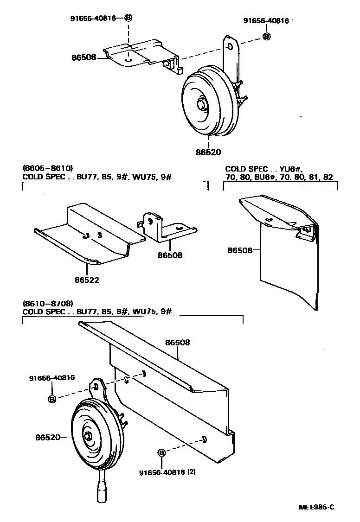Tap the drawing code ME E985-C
pyautogui.click(x=316, y=507)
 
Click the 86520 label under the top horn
pyautogui.click(x=209, y=152)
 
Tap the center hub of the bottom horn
pyautogui.click(x=88, y=436)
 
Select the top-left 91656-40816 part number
pyautogui.click(x=93, y=18)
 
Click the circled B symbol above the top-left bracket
pyautogui.click(x=128, y=18)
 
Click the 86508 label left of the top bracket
pyautogui.click(x=84, y=57)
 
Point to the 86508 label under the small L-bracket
pyautogui.click(x=170, y=255)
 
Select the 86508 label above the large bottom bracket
pyautogui.click(x=178, y=343)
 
